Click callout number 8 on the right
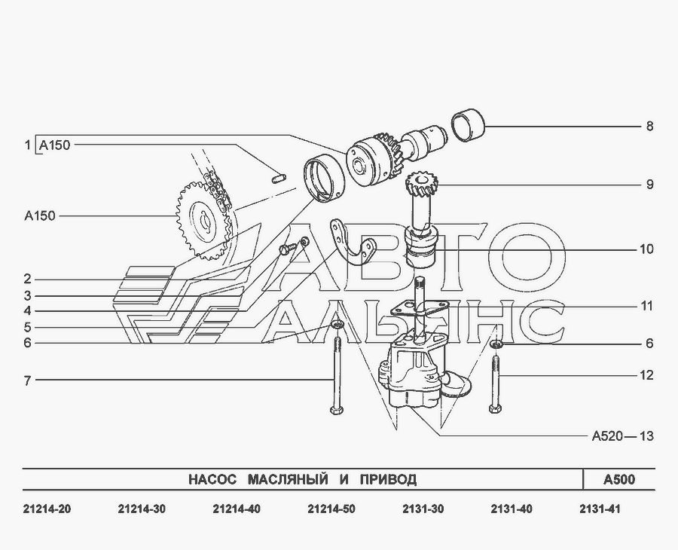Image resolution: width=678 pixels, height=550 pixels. (649, 127)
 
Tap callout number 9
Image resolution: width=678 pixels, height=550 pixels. (649, 185)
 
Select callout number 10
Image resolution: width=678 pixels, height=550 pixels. (646, 249)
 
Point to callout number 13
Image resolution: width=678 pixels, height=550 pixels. (646, 436)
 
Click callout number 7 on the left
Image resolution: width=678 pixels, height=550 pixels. (28, 381)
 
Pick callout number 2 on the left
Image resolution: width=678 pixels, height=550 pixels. (28, 280)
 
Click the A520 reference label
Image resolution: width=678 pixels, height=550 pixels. (607, 436)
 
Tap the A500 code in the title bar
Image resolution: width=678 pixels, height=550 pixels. (619, 479)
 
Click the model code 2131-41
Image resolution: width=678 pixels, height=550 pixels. (600, 509)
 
